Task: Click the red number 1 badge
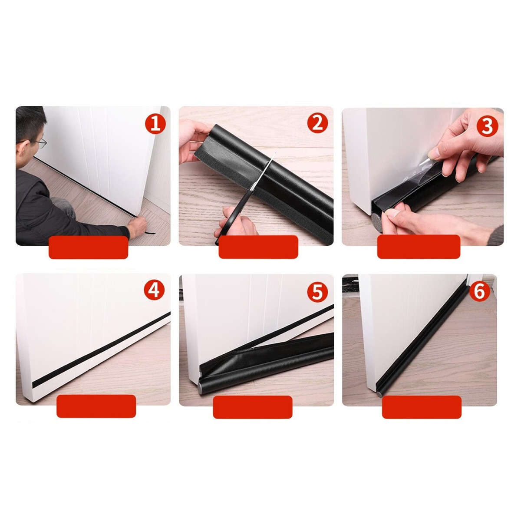pyautogui.click(x=155, y=125)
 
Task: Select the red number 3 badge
pyautogui.click(x=487, y=126)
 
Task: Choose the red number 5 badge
pyautogui.click(x=317, y=292)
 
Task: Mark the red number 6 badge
pyautogui.click(x=480, y=292)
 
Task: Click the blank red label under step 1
pyautogui.click(x=88, y=247)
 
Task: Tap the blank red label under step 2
pyautogui.click(x=258, y=247)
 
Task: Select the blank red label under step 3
pyautogui.click(x=419, y=247)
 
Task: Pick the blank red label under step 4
pyautogui.click(x=96, y=406)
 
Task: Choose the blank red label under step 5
pyautogui.click(x=253, y=407)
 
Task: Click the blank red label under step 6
pyautogui.click(x=422, y=407)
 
